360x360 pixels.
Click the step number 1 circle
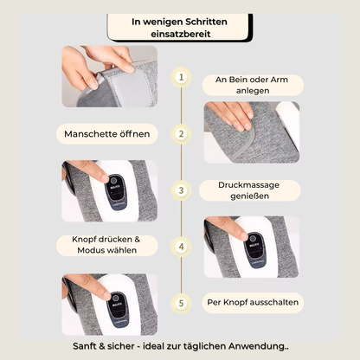pyautogui.click(x=181, y=77)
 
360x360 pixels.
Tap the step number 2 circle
pyautogui.click(x=181, y=134)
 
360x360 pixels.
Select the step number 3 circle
pyautogui.click(x=181, y=190)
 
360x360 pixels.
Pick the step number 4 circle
pyautogui.click(x=181, y=247)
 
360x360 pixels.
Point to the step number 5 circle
pyautogui.click(x=181, y=303)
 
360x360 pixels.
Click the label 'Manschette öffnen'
pyautogui.click(x=107, y=134)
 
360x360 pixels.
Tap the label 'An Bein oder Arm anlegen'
pyautogui.click(x=252, y=85)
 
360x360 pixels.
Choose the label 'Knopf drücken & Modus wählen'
pyautogui.click(x=107, y=245)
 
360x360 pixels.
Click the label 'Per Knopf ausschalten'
pyautogui.click(x=253, y=303)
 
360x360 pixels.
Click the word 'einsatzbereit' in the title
pyautogui.click(x=181, y=34)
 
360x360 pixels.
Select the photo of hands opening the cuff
pyautogui.click(x=110, y=76)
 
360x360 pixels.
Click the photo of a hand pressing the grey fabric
pyautogui.click(x=252, y=132)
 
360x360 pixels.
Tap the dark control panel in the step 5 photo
pyautogui.click(x=118, y=309)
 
